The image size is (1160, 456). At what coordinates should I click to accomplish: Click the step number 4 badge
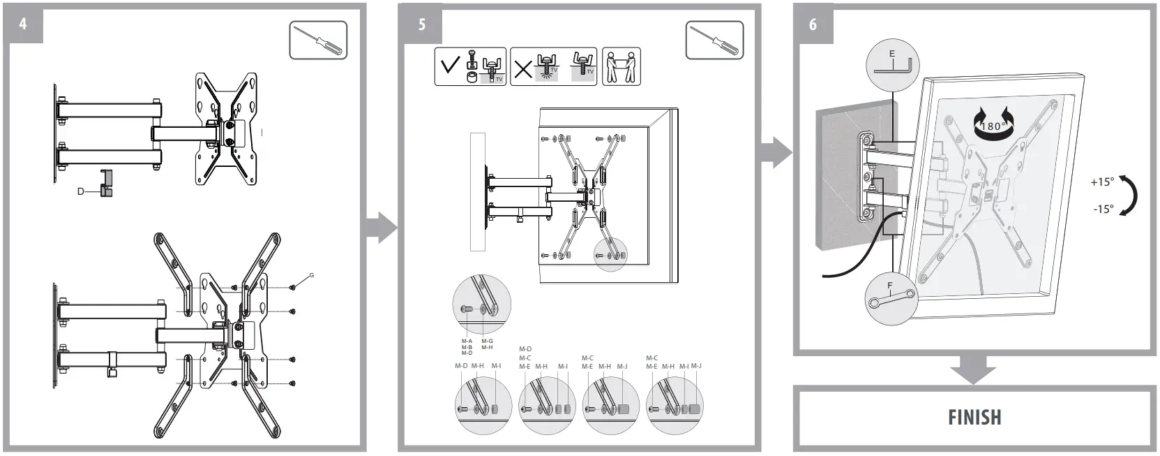click(23, 24)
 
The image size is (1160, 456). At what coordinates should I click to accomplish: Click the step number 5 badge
click(421, 24)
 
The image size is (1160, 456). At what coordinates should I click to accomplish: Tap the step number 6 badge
click(813, 24)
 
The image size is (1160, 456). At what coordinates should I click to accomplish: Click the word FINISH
click(974, 418)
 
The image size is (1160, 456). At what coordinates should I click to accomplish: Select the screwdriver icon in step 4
click(318, 41)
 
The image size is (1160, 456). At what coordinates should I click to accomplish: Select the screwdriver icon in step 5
click(714, 41)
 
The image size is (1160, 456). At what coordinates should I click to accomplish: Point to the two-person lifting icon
click(621, 67)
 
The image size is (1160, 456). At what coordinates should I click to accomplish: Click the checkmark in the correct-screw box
click(450, 66)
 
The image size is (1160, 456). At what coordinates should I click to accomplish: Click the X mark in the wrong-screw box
click(522, 68)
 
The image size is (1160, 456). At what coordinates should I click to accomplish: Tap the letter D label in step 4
click(80, 191)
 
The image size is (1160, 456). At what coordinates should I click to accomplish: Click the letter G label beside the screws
click(311, 276)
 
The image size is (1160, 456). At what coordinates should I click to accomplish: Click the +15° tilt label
click(1102, 182)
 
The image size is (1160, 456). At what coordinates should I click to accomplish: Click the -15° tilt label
click(1102, 209)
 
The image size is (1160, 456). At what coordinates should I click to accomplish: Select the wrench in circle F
click(891, 300)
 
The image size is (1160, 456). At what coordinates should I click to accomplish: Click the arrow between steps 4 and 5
click(381, 228)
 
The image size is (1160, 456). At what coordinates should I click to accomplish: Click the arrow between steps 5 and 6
click(776, 152)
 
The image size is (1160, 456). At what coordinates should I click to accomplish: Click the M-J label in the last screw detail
click(695, 366)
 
